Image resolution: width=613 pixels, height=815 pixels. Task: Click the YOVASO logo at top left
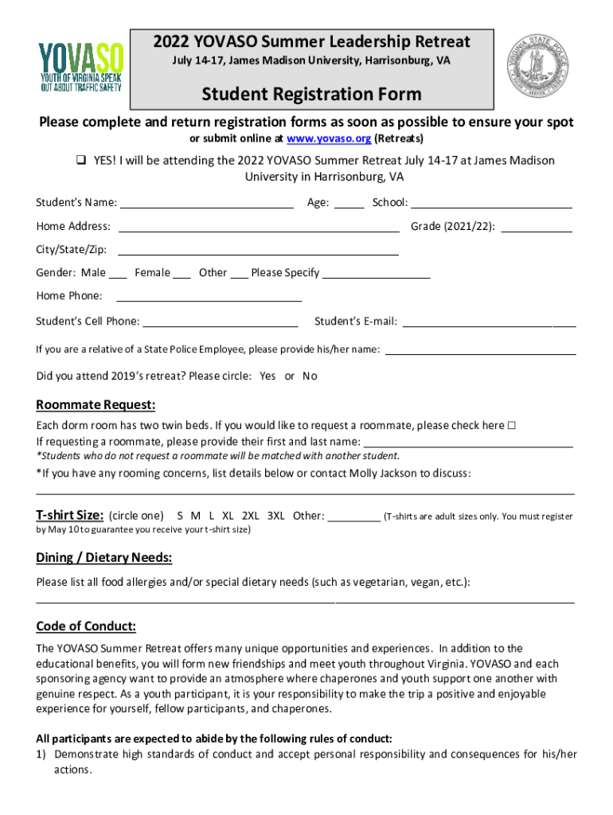point(81,67)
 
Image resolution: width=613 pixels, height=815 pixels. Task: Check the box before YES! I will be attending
point(81,161)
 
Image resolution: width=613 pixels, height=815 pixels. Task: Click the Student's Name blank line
point(207,205)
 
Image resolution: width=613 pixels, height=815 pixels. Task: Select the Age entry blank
point(349,205)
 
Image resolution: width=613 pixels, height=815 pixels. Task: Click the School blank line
point(491,205)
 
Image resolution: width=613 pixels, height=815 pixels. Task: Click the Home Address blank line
point(259,228)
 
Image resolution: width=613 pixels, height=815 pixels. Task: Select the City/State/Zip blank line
point(259,252)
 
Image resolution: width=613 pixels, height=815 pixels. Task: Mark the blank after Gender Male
point(118,275)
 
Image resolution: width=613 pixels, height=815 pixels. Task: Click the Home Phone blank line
point(209,298)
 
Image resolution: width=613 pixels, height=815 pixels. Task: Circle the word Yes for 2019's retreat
point(268,376)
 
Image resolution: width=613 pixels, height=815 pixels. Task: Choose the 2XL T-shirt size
point(250,516)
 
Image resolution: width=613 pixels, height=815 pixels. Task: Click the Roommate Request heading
point(96,405)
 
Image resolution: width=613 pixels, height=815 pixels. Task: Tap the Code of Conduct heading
point(86,626)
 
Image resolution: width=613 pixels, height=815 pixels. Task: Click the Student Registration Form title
point(311,95)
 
